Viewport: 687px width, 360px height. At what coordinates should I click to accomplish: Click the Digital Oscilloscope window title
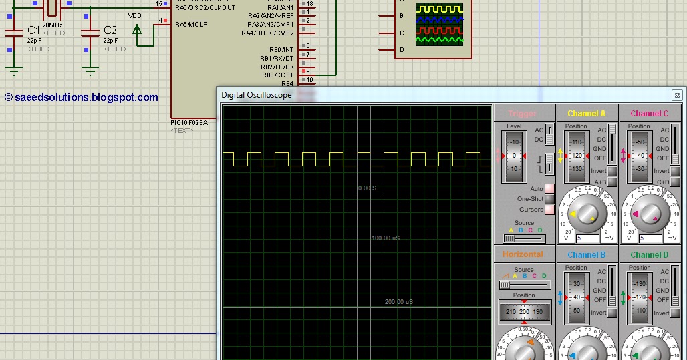click(x=257, y=95)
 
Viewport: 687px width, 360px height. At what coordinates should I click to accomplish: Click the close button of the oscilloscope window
click(x=677, y=95)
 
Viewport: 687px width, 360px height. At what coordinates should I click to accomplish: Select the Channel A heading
click(x=586, y=114)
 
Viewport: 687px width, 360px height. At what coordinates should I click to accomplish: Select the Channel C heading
click(x=649, y=114)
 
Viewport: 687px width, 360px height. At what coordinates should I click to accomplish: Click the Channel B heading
click(x=586, y=254)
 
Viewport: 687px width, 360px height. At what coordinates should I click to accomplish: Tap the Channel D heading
click(x=649, y=254)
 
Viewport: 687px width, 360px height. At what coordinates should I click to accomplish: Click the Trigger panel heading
click(x=522, y=114)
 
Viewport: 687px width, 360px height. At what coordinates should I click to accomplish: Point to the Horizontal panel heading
click(x=523, y=254)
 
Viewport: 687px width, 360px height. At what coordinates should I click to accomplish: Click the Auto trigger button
click(x=549, y=189)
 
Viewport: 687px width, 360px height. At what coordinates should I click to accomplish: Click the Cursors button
click(x=549, y=210)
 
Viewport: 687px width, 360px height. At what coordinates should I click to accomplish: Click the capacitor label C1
click(x=33, y=30)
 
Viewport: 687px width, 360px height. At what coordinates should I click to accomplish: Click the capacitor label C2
click(x=110, y=30)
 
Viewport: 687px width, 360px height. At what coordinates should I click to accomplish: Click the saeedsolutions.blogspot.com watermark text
click(x=82, y=98)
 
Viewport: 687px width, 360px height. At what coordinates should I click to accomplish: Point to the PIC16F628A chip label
click(x=189, y=123)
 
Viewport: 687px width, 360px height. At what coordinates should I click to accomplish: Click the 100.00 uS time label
click(x=386, y=238)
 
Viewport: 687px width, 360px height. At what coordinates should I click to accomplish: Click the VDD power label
click(x=134, y=15)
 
